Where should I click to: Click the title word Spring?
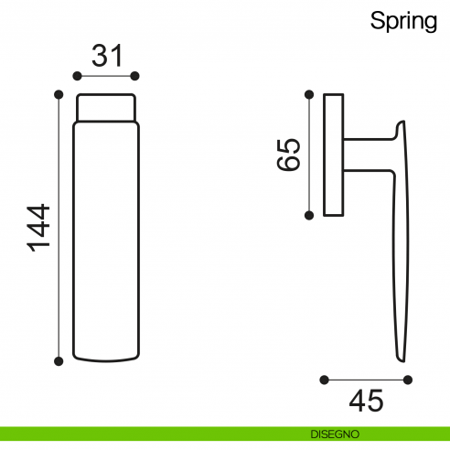pyautogui.click(x=403, y=21)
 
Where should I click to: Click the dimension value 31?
pyautogui.click(x=107, y=56)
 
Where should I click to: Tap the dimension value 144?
pyautogui.click(x=37, y=228)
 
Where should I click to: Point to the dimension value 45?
pyautogui.click(x=366, y=400)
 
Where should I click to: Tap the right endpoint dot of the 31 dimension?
pyautogui.click(x=135, y=75)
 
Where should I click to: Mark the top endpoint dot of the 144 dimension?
pyautogui.click(x=59, y=93)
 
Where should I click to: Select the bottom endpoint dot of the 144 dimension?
pyautogui.click(x=59, y=361)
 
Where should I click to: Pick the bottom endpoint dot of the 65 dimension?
pyautogui.click(x=309, y=215)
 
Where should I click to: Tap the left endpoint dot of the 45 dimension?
pyautogui.click(x=324, y=379)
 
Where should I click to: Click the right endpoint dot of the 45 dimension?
pyautogui.click(x=409, y=379)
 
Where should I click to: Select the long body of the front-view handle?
pyautogui.click(x=107, y=238)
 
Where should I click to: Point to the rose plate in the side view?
pyautogui.click(x=334, y=154)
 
